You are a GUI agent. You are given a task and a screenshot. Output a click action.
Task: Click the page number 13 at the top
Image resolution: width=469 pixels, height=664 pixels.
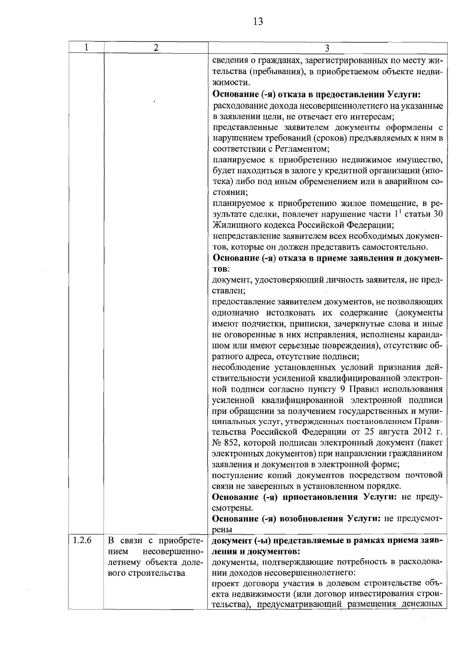[x=258, y=21]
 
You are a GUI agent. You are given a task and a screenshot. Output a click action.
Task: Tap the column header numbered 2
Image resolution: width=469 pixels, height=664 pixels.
[x=156, y=47]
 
